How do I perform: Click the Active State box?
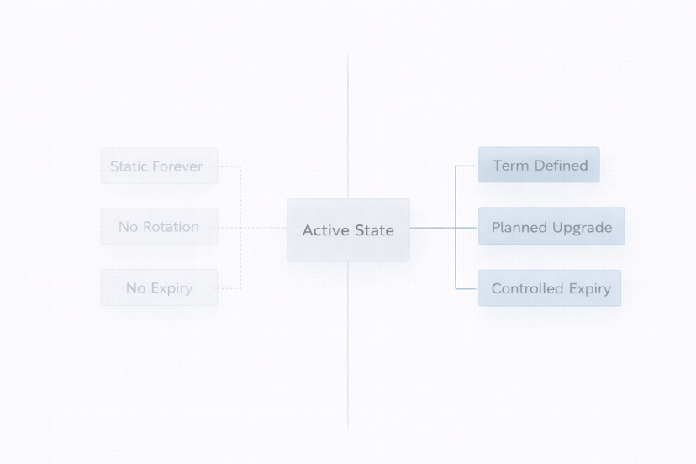point(348,230)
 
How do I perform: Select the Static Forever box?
point(159,166)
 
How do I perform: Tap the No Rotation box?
point(159,226)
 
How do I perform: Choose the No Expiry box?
point(159,287)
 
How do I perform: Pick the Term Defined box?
point(539,165)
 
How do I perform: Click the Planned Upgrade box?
point(551,226)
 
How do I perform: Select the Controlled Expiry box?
point(550,287)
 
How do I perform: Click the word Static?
point(129,166)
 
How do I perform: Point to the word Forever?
point(177,166)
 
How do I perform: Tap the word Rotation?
point(171,227)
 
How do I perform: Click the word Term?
point(509,166)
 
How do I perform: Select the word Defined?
point(557,166)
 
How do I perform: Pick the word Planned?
point(519,227)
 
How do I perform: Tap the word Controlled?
point(526,288)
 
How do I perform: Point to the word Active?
point(325,230)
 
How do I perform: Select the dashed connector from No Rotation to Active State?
point(252,227)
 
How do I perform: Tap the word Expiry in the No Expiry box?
point(171,288)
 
